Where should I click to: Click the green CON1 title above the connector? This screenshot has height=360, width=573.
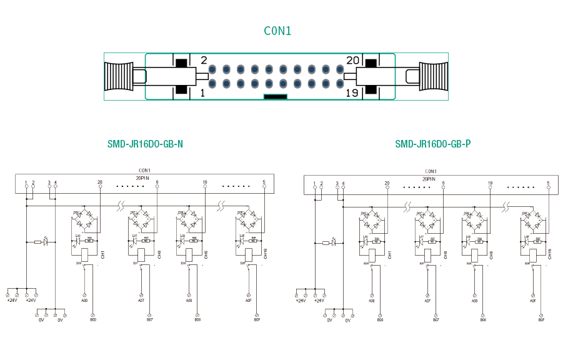[277, 31]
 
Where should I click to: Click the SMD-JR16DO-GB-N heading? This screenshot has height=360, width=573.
[145, 144]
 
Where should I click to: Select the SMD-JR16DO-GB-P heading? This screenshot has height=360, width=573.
[433, 144]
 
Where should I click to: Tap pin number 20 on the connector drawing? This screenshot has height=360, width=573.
[353, 60]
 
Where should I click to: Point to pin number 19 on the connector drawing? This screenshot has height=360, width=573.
[352, 93]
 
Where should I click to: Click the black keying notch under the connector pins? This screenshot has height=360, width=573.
[275, 97]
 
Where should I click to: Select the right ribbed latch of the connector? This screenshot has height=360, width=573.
[434, 77]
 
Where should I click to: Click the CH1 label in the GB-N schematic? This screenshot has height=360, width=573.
[102, 254]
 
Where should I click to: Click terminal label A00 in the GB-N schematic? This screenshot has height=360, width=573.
[84, 301]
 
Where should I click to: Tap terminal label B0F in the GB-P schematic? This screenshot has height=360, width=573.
[542, 320]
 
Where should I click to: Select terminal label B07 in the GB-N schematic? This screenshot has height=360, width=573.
[149, 320]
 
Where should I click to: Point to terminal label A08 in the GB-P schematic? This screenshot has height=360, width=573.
[475, 301]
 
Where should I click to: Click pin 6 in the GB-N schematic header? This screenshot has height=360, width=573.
[157, 182]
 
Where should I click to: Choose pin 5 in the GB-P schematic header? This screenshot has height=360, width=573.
[549, 183]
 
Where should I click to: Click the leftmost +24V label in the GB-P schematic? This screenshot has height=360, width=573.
[301, 301]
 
